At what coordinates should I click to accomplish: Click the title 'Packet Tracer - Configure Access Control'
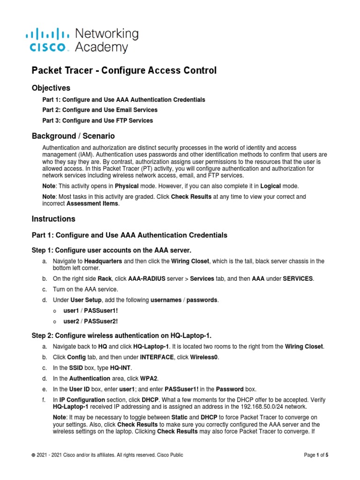point(124,70)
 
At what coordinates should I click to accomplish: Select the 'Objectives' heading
point(51,88)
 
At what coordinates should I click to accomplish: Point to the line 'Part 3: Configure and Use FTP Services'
point(97,120)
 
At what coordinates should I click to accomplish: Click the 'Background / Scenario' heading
point(73,136)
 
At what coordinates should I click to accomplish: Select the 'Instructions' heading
point(53,219)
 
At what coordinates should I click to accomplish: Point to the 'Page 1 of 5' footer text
point(316,455)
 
